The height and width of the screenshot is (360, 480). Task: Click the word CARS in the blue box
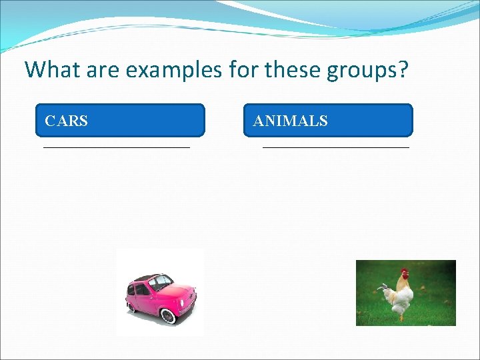tap(66, 121)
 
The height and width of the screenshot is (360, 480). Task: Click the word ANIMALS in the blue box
tap(290, 121)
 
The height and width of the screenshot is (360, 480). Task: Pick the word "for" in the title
tap(244, 69)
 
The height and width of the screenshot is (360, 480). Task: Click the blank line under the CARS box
tap(117, 146)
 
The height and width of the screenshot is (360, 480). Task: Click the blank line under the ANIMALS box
tap(335, 146)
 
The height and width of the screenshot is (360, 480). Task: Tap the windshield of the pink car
tap(161, 283)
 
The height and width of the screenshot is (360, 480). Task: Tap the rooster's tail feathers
tap(385, 291)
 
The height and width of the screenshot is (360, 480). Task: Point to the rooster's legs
tap(401, 313)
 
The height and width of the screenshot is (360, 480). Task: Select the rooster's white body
tap(402, 297)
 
